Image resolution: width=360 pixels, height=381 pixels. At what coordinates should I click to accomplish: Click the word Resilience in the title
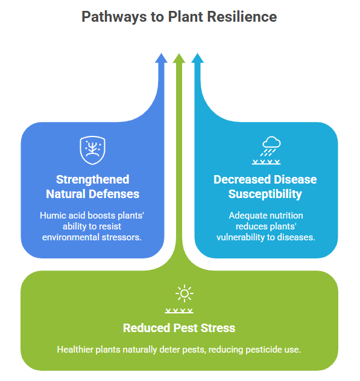click(x=242, y=16)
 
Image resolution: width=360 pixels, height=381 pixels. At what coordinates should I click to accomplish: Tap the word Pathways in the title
click(x=114, y=17)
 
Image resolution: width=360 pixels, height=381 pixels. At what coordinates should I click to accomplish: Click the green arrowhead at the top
click(x=179, y=59)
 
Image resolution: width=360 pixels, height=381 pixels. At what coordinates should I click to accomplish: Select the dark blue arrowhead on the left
click(x=161, y=58)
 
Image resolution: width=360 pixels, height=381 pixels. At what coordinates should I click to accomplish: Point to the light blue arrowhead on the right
click(x=197, y=58)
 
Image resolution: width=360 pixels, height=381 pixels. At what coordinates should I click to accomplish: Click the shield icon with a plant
click(x=92, y=150)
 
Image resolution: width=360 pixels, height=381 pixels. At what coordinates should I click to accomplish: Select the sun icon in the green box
click(x=185, y=293)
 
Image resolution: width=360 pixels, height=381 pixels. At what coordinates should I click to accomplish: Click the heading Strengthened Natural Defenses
click(x=93, y=187)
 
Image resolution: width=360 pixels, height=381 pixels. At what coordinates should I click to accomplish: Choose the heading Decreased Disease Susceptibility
click(x=265, y=187)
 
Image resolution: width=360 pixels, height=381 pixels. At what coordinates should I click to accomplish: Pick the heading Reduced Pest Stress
click(x=179, y=328)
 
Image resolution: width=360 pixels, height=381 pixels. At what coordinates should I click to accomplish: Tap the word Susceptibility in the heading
click(x=265, y=194)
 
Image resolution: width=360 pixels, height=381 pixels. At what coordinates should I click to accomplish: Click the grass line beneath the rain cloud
click(x=266, y=162)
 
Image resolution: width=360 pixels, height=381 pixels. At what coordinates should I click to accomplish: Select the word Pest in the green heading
click(x=185, y=328)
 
